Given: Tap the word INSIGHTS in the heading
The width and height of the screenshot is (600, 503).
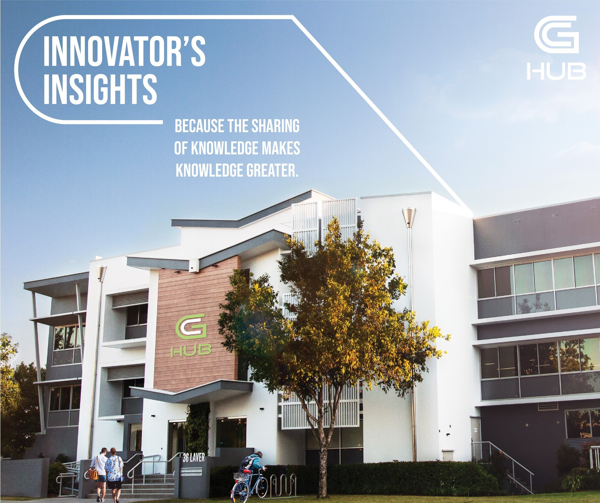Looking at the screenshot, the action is [100, 89].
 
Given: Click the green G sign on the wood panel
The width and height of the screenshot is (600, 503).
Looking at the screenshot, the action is [190, 328].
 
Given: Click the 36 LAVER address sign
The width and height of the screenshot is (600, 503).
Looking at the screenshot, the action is [194, 458].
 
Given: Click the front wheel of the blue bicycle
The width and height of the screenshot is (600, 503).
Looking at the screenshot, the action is [238, 491].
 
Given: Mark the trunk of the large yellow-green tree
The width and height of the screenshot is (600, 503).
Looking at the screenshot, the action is [323, 457].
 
